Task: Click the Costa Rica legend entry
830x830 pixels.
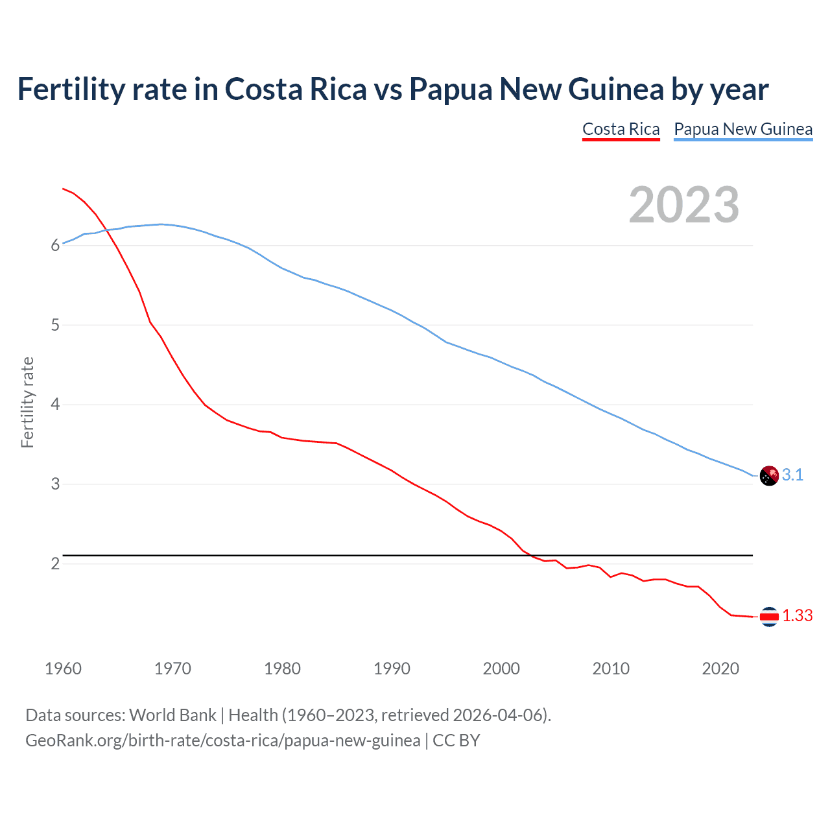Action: tap(621, 129)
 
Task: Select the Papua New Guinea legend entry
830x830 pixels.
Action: tap(743, 129)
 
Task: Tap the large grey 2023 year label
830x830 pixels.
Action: tap(684, 205)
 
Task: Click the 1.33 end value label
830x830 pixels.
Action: tap(797, 615)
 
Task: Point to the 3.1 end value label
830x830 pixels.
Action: tap(792, 475)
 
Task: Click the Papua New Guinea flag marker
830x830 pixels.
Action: tap(768, 475)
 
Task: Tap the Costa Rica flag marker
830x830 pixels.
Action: tap(768, 617)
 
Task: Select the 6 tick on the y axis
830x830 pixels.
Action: tap(55, 245)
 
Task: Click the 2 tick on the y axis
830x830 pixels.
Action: tap(55, 563)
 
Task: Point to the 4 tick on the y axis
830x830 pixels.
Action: tap(55, 405)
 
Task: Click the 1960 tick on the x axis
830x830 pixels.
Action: tap(63, 669)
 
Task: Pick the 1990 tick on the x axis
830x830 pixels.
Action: tap(392, 669)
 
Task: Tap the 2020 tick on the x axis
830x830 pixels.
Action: tap(720, 669)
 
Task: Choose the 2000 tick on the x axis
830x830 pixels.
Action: tap(501, 669)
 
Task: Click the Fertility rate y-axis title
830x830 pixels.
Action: tap(27, 402)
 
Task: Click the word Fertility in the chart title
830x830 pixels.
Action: tap(70, 89)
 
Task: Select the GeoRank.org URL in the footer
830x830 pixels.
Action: tap(222, 741)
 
